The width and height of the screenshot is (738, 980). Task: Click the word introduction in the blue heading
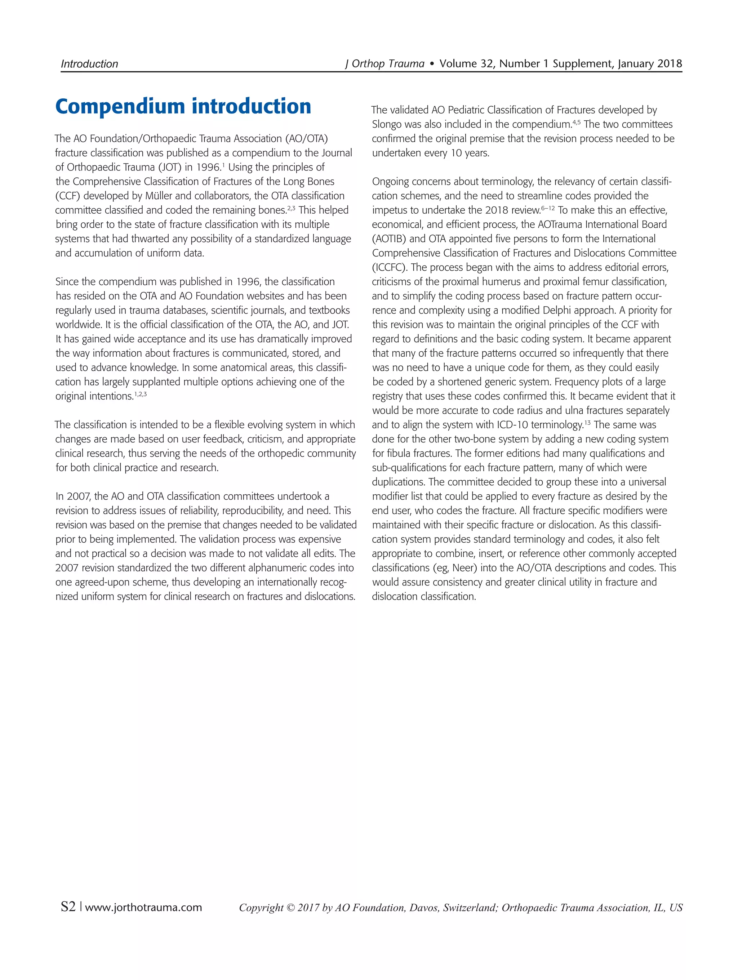coord(251,107)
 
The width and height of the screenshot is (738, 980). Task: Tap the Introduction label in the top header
coord(89,64)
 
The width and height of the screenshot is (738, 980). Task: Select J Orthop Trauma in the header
coord(384,64)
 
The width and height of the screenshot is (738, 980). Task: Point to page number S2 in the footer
coord(68,907)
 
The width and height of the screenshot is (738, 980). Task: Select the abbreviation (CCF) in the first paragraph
coord(68,196)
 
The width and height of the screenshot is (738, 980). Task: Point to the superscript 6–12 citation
coord(547,207)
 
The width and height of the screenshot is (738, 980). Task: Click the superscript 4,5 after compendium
coord(576,121)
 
